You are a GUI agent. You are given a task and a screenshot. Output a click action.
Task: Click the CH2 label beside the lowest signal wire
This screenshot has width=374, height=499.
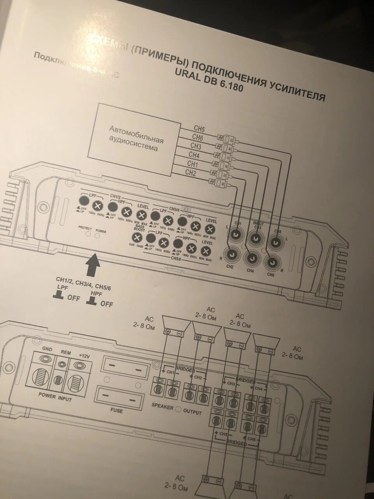pos(191,172)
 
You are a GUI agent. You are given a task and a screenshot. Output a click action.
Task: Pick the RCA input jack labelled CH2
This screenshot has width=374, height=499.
pos(231,254)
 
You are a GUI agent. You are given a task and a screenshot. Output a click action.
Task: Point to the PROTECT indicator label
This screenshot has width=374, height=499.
pos(85,228)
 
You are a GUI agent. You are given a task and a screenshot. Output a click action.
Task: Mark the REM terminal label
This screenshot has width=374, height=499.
pos(65,352)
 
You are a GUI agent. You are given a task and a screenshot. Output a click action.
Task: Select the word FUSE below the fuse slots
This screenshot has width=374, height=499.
pos(116,411)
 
